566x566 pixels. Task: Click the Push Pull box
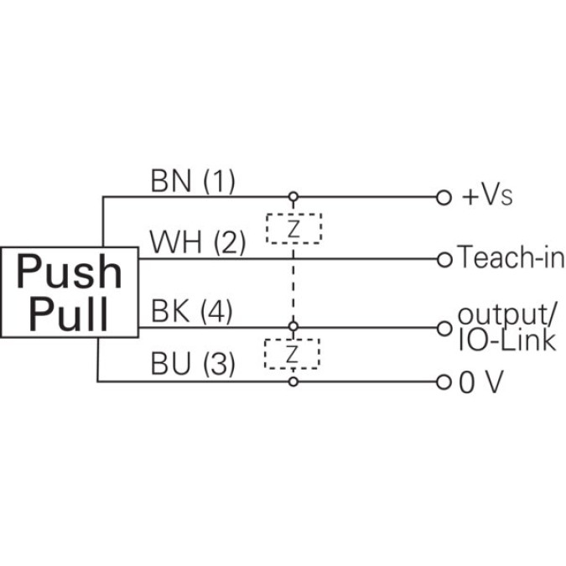69,291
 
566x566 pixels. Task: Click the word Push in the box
69,272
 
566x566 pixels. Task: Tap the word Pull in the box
69,314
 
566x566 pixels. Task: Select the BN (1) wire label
193,181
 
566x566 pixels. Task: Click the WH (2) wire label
197,243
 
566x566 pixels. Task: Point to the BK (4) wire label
192,312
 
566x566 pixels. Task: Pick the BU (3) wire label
192,365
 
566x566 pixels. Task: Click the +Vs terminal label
487,197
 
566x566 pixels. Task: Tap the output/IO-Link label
506,327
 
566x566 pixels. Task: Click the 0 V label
481,383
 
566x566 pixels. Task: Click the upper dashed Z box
293,228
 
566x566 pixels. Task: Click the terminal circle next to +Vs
444,198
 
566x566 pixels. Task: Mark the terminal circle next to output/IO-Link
445,327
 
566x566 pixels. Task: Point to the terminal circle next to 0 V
445,382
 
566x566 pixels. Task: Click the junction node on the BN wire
293,198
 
